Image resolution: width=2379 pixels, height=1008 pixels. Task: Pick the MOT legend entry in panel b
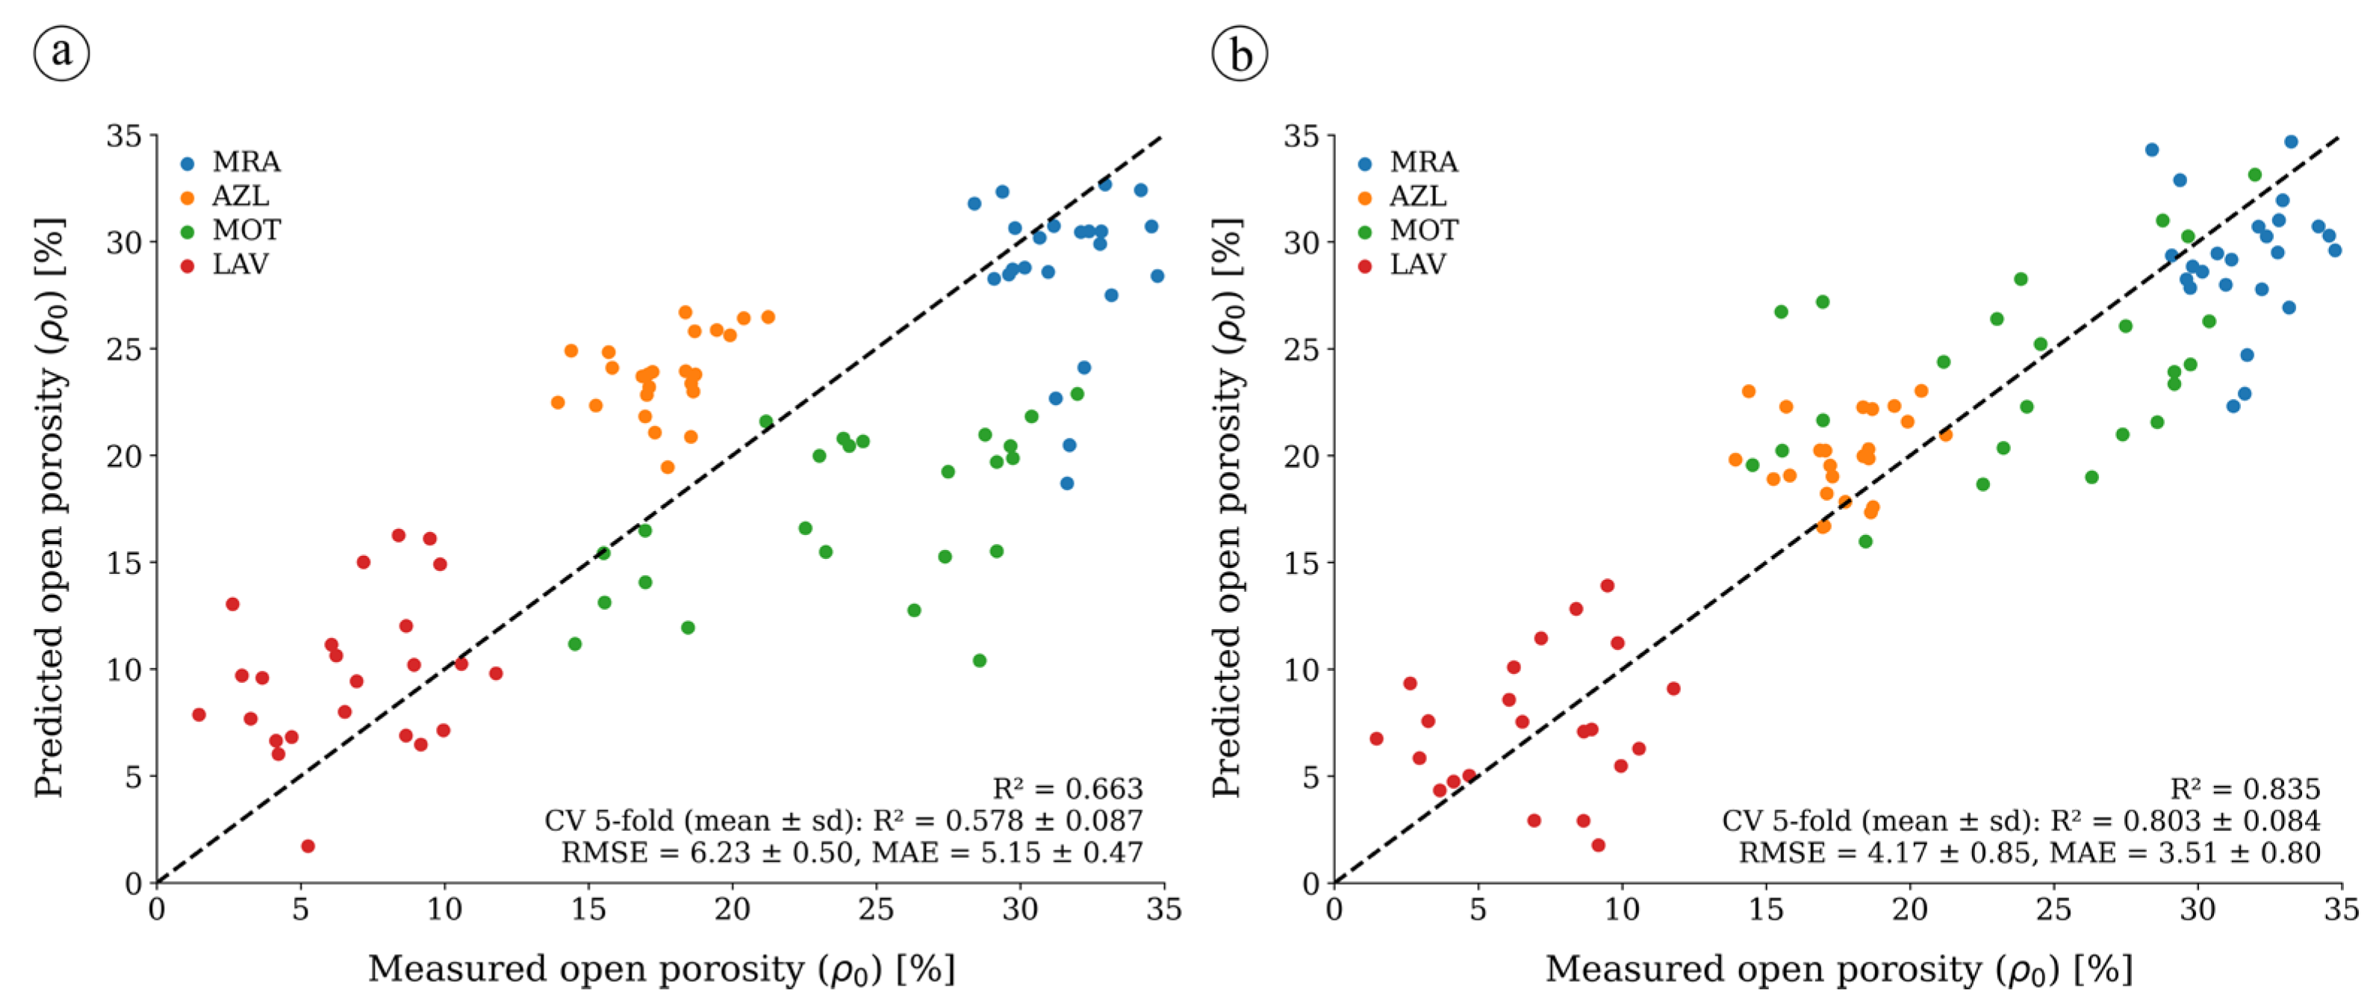1408,231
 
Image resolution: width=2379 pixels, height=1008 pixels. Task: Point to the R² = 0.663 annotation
1068,788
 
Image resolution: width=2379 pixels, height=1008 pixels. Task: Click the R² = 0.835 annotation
2245,788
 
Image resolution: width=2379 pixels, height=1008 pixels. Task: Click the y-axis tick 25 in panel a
125,349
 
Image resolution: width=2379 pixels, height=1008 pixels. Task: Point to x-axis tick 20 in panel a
733,909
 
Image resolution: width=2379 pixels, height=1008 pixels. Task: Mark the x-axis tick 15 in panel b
1766,909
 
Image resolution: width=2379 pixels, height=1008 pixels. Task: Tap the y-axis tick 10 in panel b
1302,670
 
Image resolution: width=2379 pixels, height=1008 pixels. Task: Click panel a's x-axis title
662,969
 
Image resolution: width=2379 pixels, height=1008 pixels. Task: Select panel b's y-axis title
1228,507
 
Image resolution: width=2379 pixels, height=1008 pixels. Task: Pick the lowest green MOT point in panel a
979,661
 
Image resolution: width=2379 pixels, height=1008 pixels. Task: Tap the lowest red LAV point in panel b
1598,845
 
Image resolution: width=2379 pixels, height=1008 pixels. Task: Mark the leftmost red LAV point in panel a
199,715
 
